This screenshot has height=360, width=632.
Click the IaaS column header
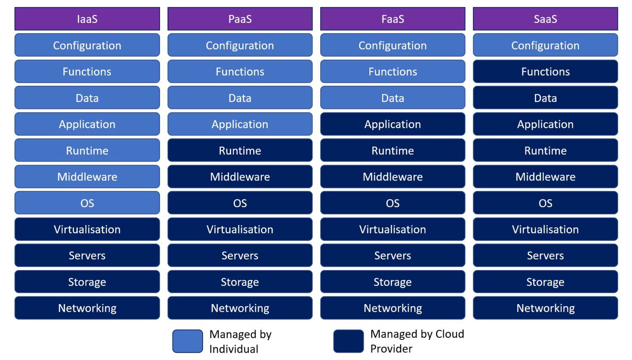pyautogui.click(x=87, y=19)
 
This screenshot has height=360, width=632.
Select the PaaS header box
pyautogui.click(x=240, y=19)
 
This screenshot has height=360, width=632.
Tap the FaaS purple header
pyautogui.click(x=393, y=19)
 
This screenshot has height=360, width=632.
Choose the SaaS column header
pyautogui.click(x=545, y=19)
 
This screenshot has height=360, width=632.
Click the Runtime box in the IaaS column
pyautogui.click(x=87, y=150)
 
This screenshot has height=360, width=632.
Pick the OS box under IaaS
pyautogui.click(x=87, y=203)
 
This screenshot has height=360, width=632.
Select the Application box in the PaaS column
pyautogui.click(x=240, y=124)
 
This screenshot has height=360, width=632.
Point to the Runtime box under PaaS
pyautogui.click(x=240, y=150)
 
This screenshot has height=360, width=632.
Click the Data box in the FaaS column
pyautogui.click(x=393, y=98)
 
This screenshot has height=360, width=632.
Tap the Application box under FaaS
pyautogui.click(x=393, y=124)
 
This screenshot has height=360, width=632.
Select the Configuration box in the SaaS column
pyautogui.click(x=545, y=45)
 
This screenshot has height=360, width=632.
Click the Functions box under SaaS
pyautogui.click(x=545, y=72)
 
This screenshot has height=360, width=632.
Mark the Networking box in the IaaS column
pyautogui.click(x=87, y=308)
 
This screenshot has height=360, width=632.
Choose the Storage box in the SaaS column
pyautogui.click(x=545, y=282)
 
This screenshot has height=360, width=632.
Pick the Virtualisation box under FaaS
pyautogui.click(x=393, y=229)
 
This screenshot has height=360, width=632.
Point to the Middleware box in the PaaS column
pyautogui.click(x=240, y=177)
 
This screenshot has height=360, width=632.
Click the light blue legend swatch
pyautogui.click(x=187, y=341)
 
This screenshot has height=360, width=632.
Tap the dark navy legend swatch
pyautogui.click(x=348, y=341)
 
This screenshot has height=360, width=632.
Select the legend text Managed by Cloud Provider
pyautogui.click(x=417, y=341)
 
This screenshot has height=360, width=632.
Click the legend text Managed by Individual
pyautogui.click(x=240, y=341)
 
